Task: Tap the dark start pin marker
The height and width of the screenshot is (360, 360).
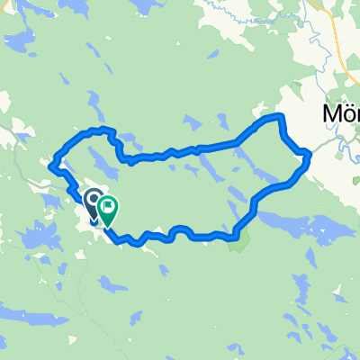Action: (93, 201)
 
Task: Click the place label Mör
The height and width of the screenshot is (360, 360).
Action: (341, 114)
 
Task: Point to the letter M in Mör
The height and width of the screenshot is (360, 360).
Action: (330, 114)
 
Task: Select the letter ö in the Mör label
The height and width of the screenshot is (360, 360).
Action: (346, 115)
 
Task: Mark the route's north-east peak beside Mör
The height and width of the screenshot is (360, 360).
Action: (277, 118)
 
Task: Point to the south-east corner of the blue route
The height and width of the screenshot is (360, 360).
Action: (236, 236)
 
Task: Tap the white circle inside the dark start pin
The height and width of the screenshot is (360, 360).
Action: (93, 197)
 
